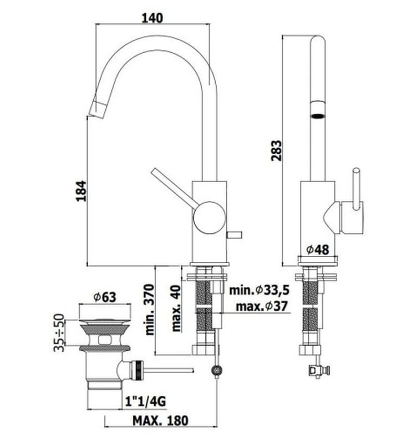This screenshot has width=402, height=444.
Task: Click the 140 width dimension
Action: click(x=152, y=18)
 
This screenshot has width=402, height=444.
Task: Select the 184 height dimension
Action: click(x=81, y=190)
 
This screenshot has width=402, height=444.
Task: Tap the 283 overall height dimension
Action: click(x=276, y=150)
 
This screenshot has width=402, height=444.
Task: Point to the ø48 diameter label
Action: click(x=318, y=249)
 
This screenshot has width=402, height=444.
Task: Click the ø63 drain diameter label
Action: click(x=104, y=297)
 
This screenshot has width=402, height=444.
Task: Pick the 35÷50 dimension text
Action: click(x=59, y=332)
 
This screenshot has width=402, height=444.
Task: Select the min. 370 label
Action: click(x=150, y=310)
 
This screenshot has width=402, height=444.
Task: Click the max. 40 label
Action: click(x=176, y=308)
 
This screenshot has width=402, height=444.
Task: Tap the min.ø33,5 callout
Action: click(x=259, y=290)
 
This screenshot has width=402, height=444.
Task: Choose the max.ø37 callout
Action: click(x=262, y=306)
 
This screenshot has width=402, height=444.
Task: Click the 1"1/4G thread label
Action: click(x=145, y=401)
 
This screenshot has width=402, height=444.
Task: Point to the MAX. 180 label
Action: click(x=160, y=421)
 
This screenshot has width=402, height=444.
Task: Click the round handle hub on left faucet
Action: click(x=210, y=218)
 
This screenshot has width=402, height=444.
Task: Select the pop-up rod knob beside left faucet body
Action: click(x=235, y=234)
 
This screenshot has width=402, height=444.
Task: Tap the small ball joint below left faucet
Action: click(x=217, y=370)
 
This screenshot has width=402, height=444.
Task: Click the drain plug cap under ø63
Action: click(x=104, y=321)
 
